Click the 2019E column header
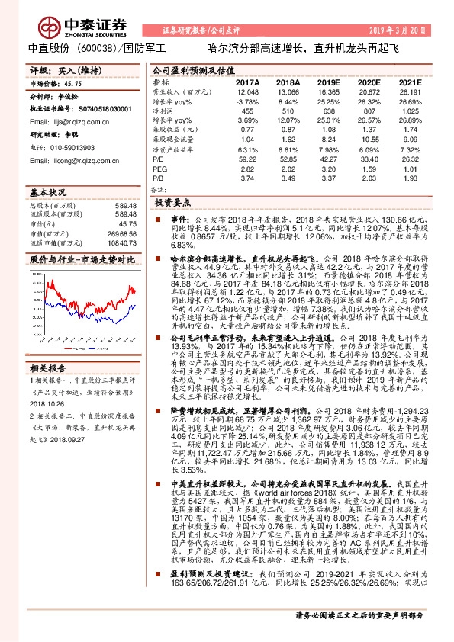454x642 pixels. pos(328,82)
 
